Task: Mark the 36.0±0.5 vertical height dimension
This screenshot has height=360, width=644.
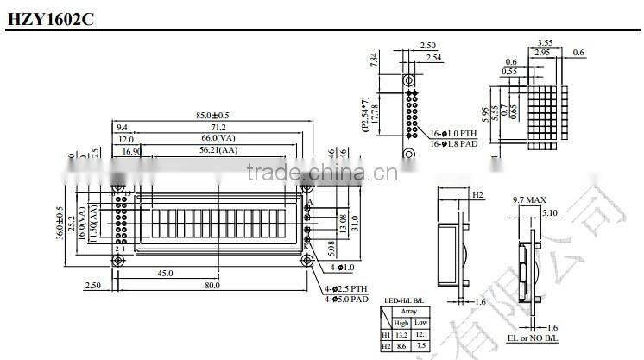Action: tap(60, 225)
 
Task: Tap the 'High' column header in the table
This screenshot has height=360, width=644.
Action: tap(401, 322)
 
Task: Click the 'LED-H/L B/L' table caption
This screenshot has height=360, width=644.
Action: tap(404, 302)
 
